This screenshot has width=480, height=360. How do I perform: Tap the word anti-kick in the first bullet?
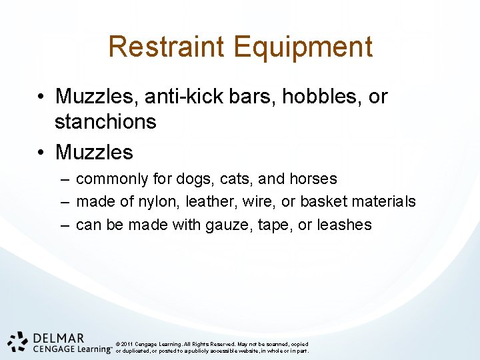(x=185, y=97)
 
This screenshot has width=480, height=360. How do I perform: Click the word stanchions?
(x=105, y=122)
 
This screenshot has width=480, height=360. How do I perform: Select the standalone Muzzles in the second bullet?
(x=94, y=152)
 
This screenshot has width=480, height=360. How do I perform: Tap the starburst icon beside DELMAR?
(x=17, y=341)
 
